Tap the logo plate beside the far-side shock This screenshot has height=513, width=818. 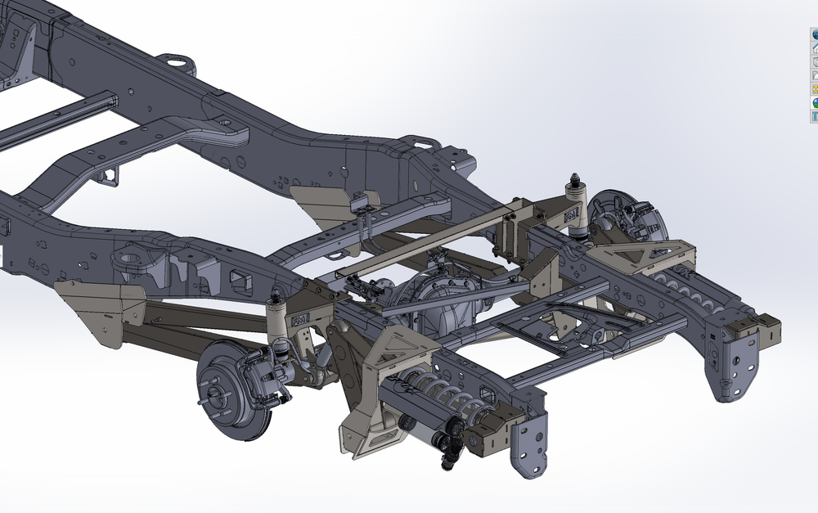(x=571, y=214)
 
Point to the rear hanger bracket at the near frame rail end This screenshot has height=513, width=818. (x=528, y=446)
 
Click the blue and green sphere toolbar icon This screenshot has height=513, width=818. (x=814, y=34)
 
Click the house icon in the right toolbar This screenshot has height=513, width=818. (x=814, y=48)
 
